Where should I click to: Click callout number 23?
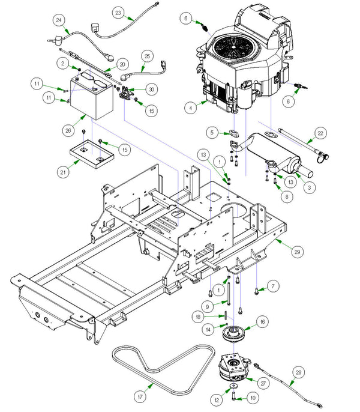pyautogui.click(x=118, y=12)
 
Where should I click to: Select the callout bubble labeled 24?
pyautogui.click(x=58, y=20)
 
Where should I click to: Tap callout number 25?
pyautogui.click(x=147, y=58)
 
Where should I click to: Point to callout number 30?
pyautogui.click(x=151, y=89)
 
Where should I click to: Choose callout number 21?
pyautogui.click(x=62, y=172)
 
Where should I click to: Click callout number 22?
pyautogui.click(x=320, y=133)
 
